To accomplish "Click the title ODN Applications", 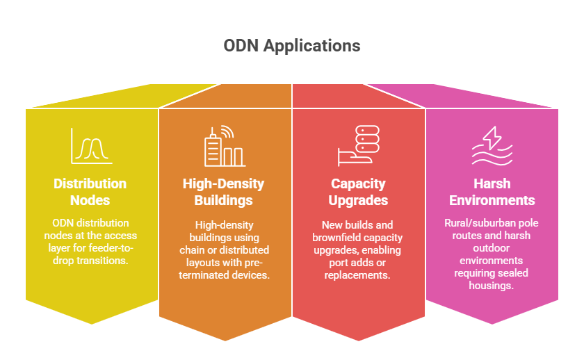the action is click(292, 46).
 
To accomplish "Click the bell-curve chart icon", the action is click(92, 146).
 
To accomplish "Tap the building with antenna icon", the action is click(225, 146).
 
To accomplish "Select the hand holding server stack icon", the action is click(358, 146).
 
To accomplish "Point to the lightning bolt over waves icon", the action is click(492, 146).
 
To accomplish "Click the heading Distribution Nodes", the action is click(90, 192).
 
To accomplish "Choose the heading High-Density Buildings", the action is click(223, 192).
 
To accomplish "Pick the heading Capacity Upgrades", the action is click(358, 192).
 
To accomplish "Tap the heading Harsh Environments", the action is click(492, 192).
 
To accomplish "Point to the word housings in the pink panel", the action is click(492, 286).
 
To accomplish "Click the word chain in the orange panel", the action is click(190, 249).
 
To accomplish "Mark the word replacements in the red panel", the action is click(357, 275).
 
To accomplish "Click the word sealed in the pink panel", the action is click(514, 273).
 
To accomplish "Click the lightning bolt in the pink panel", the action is click(492, 138).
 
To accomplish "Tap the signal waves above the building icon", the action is click(227, 131).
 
